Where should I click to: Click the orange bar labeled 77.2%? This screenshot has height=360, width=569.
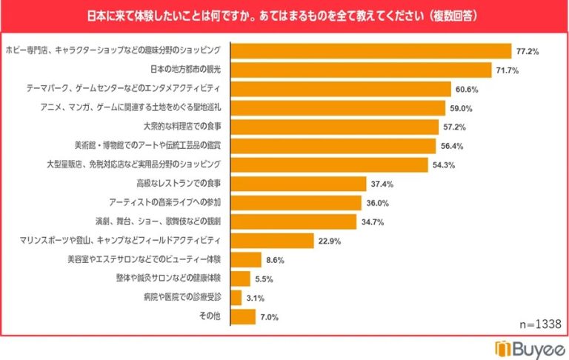click(371, 51)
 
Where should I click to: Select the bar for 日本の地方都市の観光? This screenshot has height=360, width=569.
click(362, 70)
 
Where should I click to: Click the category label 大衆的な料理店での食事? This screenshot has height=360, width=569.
click(182, 127)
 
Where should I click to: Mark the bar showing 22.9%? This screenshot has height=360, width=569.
click(273, 241)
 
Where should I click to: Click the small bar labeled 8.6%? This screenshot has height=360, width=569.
click(246, 260)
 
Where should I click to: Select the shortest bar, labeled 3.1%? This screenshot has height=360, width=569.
click(236, 298)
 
